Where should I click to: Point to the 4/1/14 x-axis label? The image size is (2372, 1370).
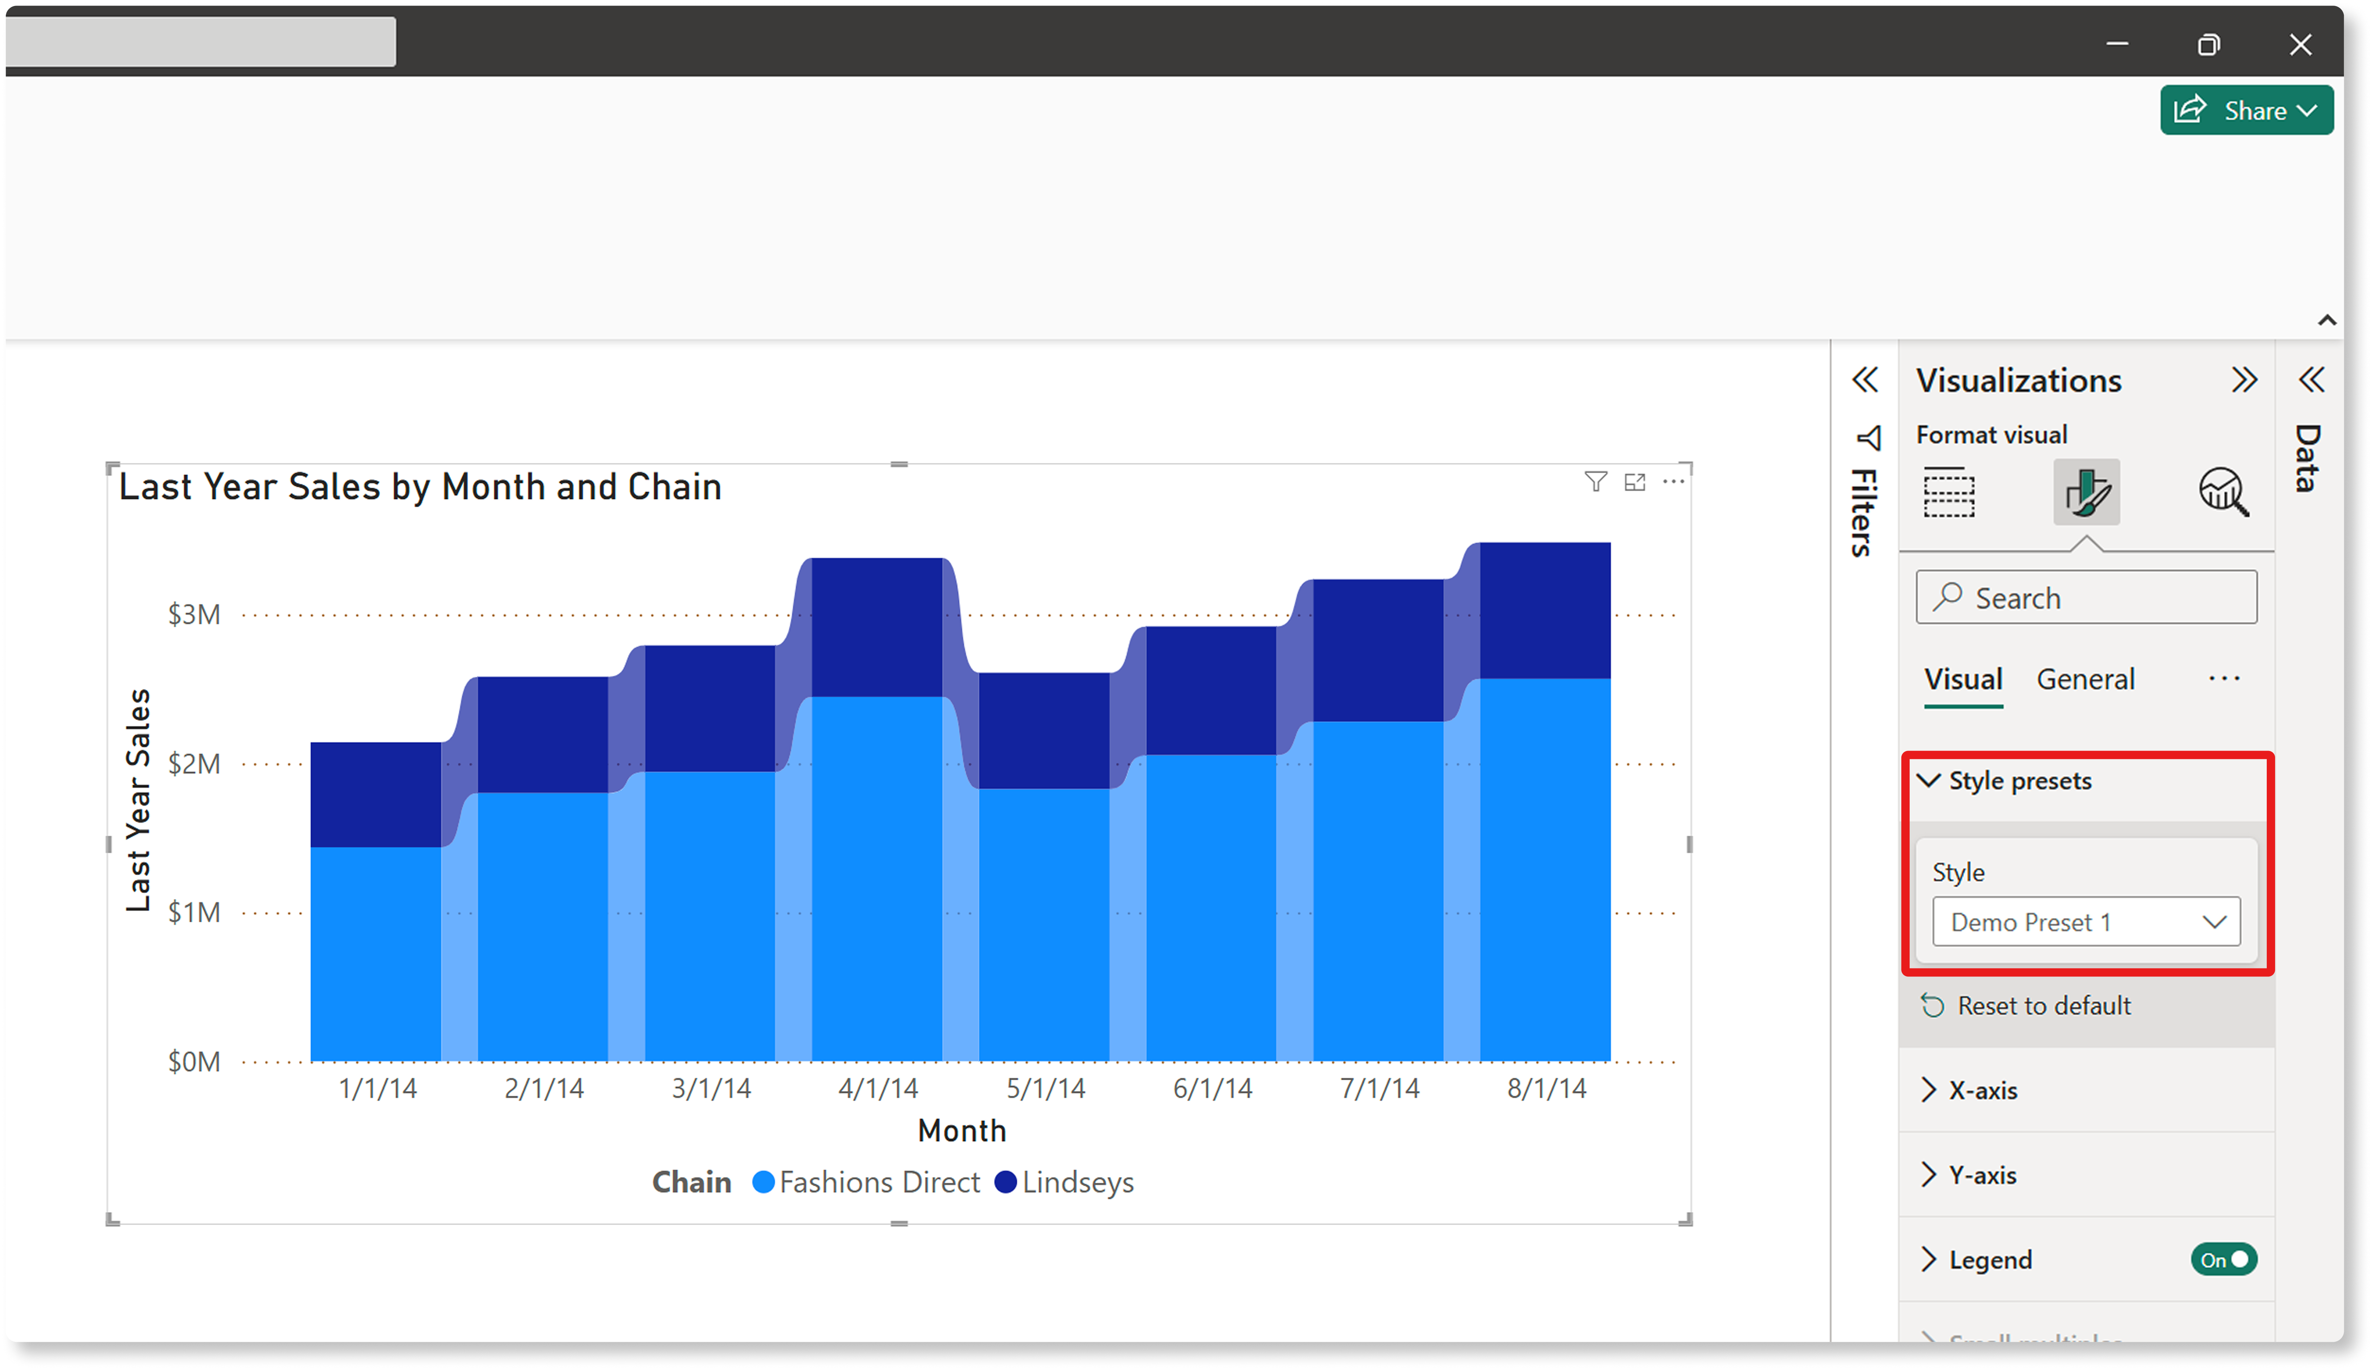pos(878,1089)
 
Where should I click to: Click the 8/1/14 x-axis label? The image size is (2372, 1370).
pos(1546,1089)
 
